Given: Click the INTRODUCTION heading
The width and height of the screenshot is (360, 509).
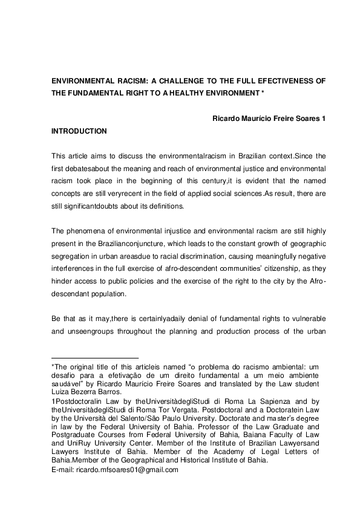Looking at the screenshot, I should pos(79,131).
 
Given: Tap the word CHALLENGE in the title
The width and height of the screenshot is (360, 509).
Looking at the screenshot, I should pos(191,80).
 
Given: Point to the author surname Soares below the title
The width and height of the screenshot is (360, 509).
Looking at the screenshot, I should pos(306,118).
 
